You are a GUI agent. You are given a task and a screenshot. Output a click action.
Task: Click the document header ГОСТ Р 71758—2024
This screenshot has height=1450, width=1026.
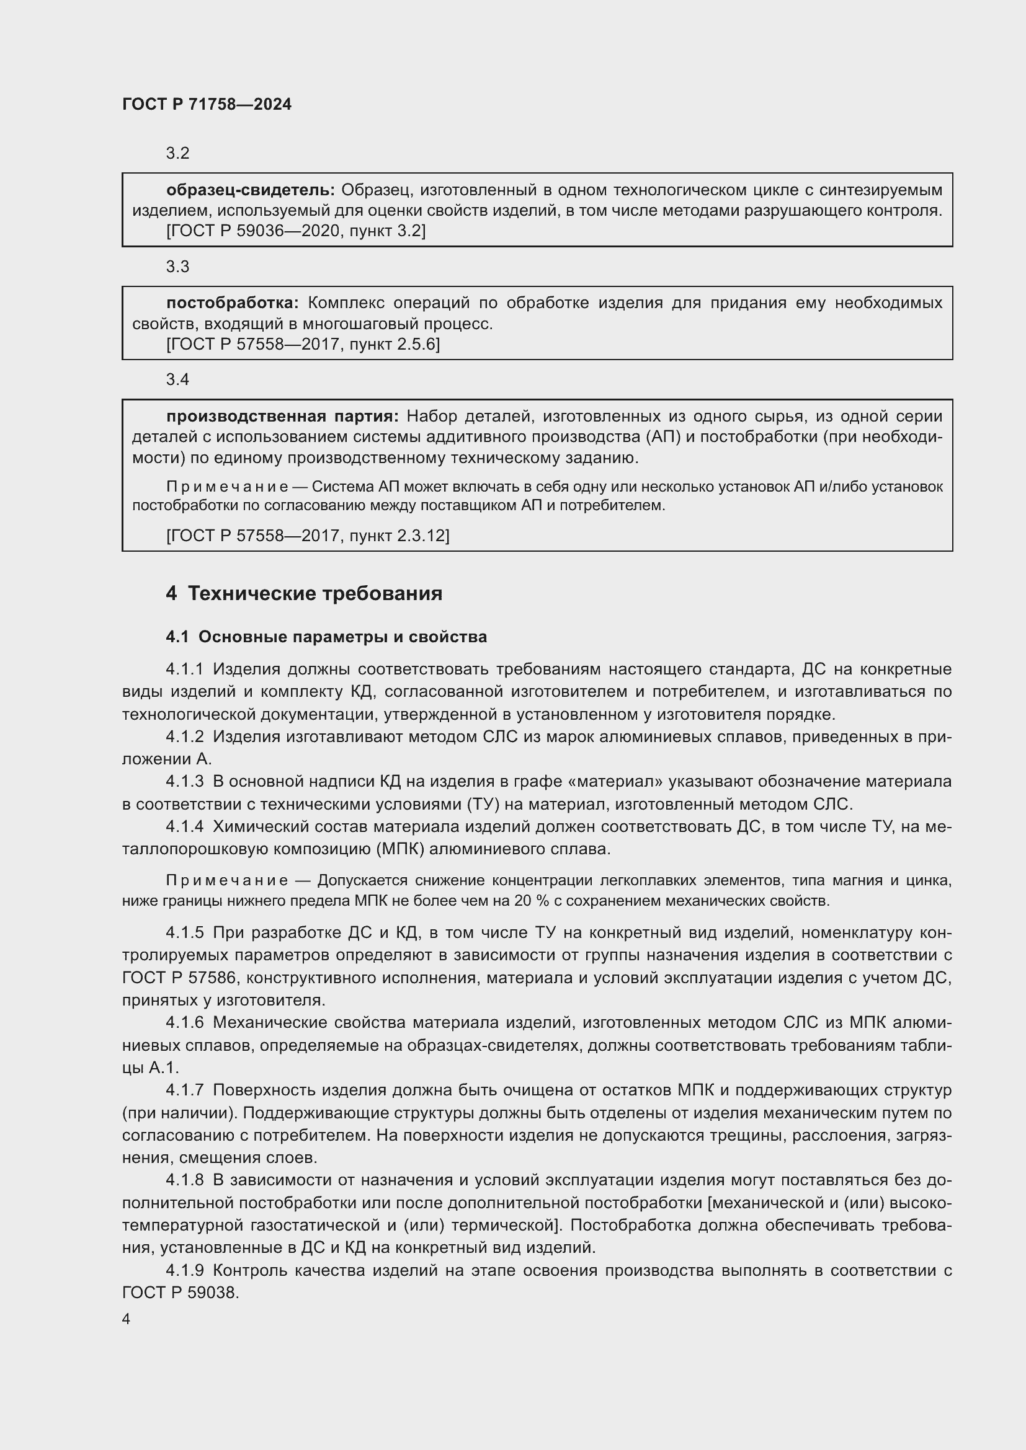pos(207,104)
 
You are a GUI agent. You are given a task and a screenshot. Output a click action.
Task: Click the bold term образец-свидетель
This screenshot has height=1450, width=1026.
pos(250,190)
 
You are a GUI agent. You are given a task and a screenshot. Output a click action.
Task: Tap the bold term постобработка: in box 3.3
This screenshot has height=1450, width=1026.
pos(232,303)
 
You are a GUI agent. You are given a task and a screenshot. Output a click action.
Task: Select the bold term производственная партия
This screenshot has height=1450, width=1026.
pos(282,415)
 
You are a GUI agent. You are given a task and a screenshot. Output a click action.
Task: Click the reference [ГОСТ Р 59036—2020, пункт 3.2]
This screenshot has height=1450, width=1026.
pos(296,231)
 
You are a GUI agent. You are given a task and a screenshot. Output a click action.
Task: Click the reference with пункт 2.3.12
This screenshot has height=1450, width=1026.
pos(307,536)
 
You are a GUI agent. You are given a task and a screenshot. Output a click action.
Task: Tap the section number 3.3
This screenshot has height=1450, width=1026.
pos(177,267)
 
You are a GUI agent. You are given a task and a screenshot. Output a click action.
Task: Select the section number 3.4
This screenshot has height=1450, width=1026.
pos(177,379)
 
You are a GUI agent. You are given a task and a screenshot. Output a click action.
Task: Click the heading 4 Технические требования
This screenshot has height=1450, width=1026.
pos(304,594)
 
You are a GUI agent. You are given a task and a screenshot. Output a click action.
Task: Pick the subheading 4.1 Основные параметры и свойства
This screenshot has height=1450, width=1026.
pos(326,637)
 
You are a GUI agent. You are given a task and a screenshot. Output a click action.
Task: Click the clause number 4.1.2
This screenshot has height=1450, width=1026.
pos(184,736)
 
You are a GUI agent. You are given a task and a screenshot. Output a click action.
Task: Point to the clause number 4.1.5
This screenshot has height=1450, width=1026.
pos(184,932)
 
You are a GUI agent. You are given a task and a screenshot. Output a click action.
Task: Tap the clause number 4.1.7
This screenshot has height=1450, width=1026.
pos(184,1089)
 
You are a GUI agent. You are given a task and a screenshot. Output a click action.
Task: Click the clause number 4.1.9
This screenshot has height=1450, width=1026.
pos(184,1270)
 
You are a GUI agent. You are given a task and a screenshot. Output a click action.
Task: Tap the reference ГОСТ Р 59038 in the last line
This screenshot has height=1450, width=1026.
pos(179,1292)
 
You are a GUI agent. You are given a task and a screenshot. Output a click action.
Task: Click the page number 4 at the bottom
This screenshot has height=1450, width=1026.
pos(127,1319)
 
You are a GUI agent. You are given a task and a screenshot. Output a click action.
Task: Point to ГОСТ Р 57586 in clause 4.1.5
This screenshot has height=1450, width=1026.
pos(179,978)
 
